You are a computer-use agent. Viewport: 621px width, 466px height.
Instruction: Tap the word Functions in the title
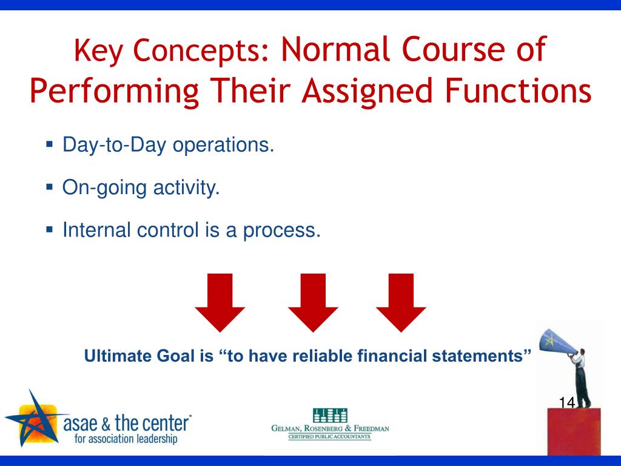518,90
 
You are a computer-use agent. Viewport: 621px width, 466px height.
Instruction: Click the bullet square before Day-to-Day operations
50,143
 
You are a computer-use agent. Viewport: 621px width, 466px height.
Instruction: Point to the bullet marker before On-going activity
50,186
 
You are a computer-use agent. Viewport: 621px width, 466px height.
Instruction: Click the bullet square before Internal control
50,229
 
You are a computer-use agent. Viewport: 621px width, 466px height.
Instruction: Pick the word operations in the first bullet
223,145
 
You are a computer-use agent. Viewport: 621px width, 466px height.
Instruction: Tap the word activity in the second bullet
186,187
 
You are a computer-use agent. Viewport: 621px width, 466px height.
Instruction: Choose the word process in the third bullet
281,231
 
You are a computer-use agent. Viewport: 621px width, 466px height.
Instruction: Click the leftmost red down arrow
220,302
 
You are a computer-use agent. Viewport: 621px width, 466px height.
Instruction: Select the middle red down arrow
313,302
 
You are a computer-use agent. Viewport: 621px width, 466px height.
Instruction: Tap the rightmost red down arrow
401,302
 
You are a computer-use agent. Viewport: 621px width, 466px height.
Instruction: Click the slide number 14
567,402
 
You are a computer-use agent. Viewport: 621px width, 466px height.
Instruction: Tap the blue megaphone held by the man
557,342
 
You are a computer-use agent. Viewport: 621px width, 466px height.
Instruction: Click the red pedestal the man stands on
574,432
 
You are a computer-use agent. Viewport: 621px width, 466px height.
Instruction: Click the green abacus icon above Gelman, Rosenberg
330,415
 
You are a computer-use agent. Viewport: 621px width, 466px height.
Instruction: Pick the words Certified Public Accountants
329,437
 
